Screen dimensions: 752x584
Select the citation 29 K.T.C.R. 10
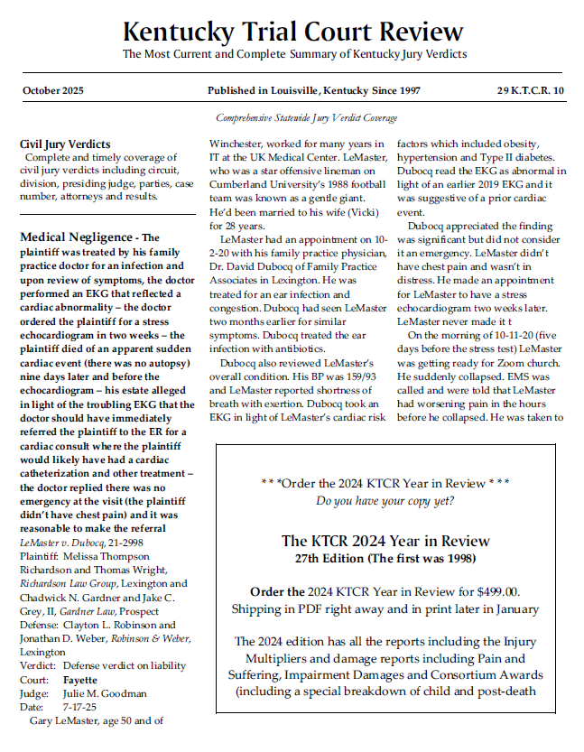530,91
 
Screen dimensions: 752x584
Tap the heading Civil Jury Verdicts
65,144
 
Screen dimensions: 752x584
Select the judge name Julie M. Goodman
104,694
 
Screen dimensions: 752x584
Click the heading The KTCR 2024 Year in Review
385,541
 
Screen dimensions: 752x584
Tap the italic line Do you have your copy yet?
385,499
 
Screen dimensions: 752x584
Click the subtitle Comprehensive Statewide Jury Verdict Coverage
306,118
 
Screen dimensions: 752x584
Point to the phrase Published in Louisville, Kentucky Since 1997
313,91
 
